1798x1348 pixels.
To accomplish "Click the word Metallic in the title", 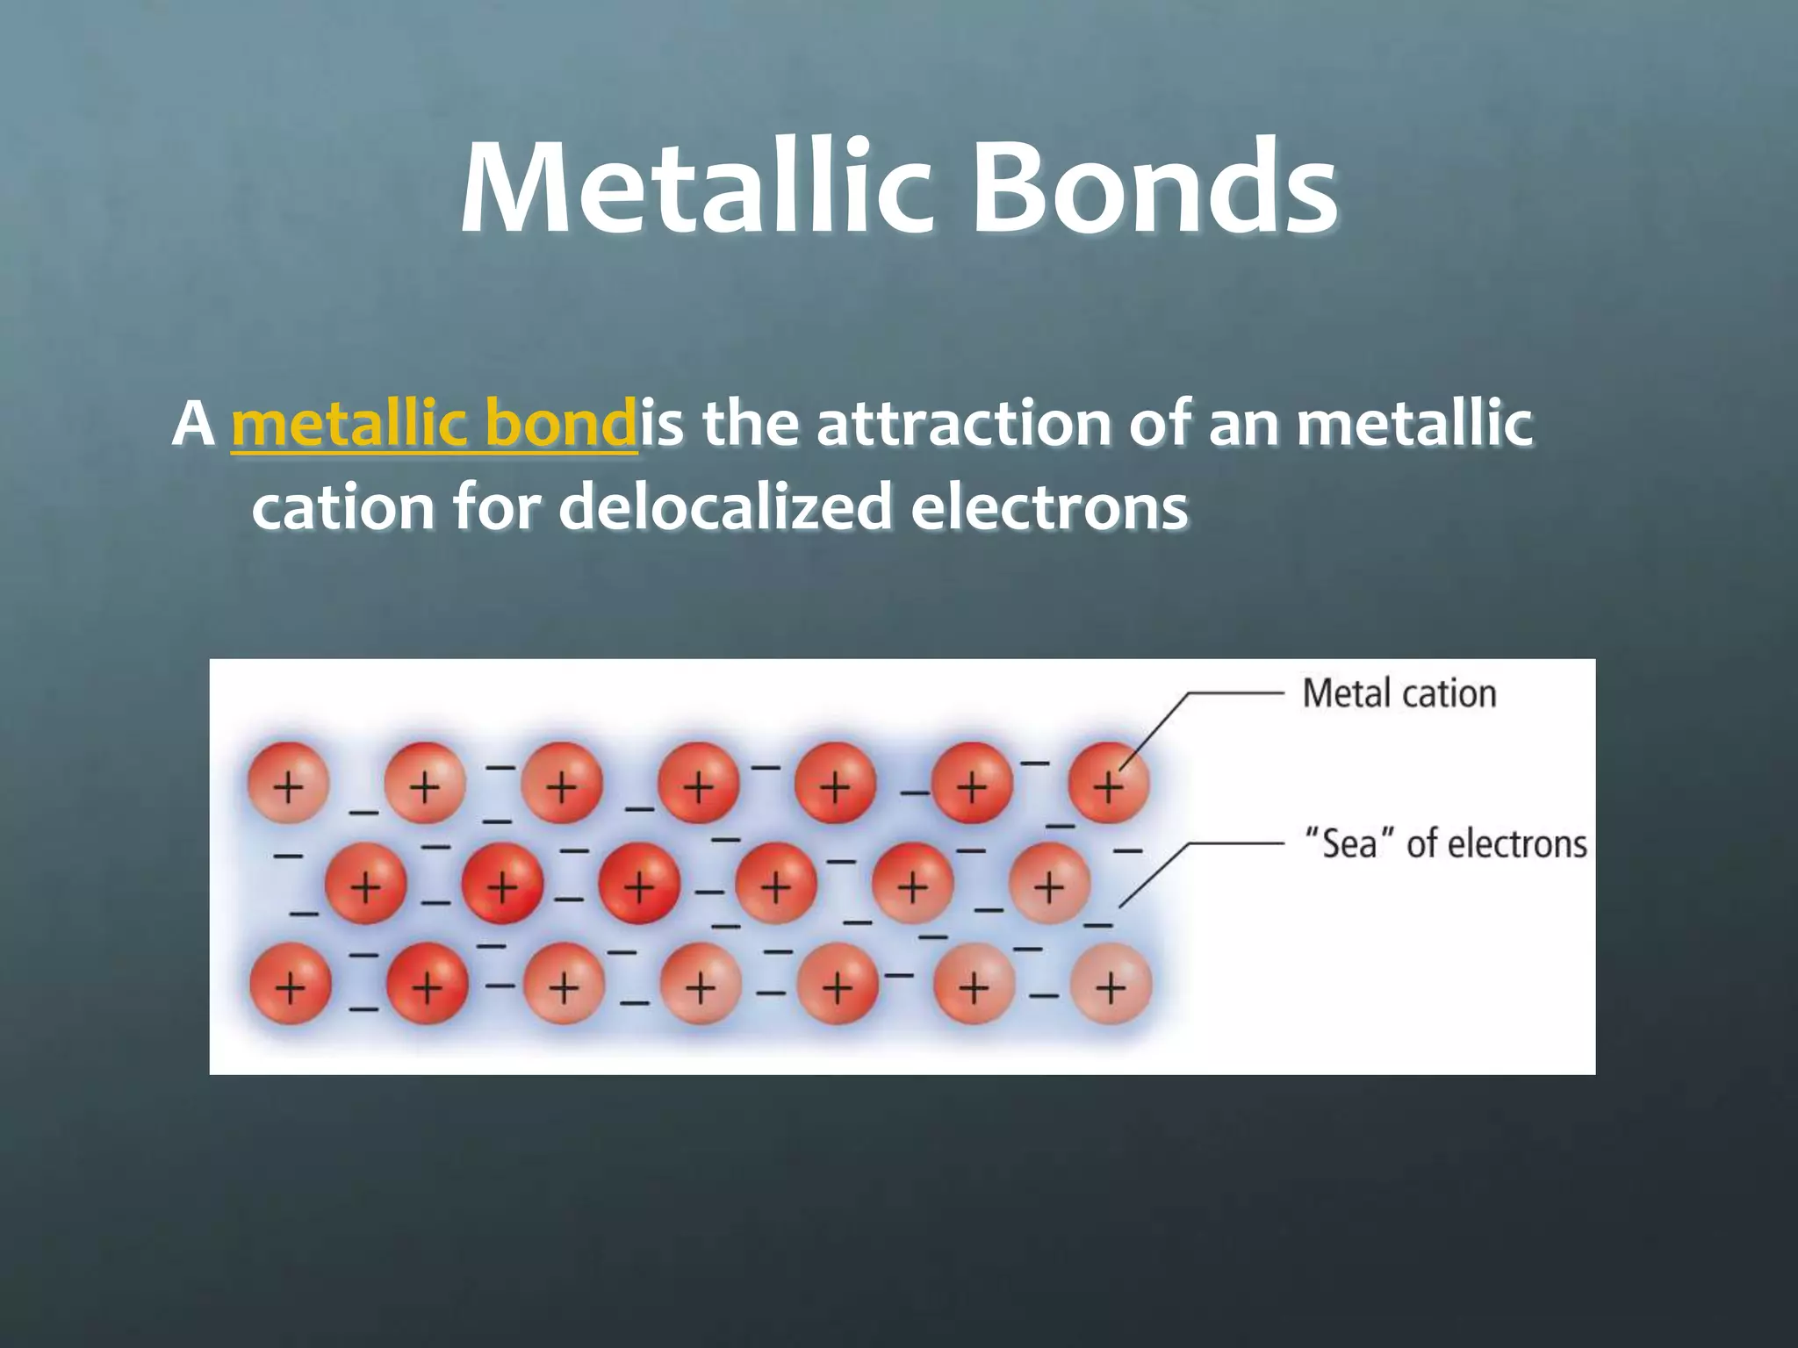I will [x=694, y=189].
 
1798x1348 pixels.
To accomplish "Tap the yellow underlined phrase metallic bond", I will [x=435, y=425].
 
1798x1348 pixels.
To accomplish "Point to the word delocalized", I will [x=724, y=507].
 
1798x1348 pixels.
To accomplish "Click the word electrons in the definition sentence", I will [x=1049, y=507].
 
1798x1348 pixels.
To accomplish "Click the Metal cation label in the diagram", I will [x=1399, y=693].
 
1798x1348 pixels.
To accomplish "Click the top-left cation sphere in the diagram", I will [x=288, y=783].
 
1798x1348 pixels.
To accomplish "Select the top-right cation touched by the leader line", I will [x=1108, y=783].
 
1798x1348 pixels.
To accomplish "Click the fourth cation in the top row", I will [x=698, y=783].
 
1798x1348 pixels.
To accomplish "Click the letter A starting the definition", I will [x=193, y=425].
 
